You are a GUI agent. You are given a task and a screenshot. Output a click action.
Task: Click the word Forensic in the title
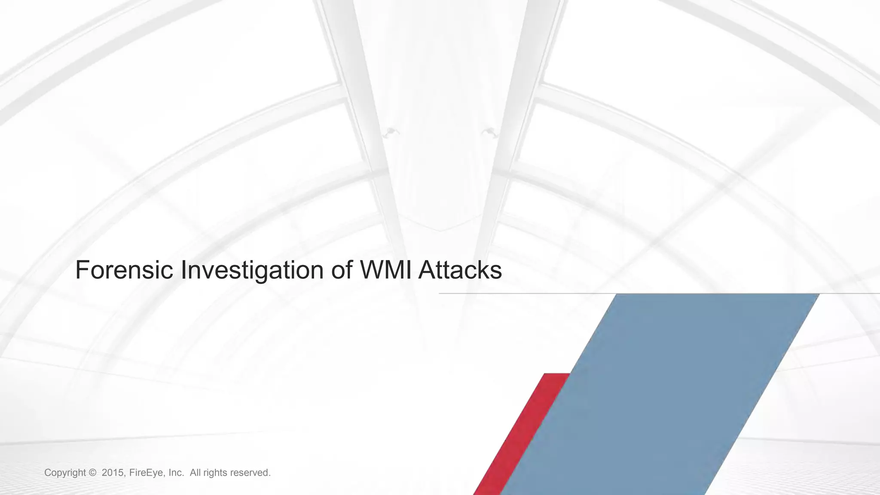pos(124,270)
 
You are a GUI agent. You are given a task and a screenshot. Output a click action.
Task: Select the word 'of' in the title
pos(342,270)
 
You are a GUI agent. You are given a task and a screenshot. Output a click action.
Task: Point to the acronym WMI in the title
pos(385,270)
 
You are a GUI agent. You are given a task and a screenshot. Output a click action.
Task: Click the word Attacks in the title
pos(460,270)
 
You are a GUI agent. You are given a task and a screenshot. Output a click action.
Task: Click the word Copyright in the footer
pos(65,473)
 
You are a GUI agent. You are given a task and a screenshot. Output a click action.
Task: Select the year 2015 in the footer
pos(113,473)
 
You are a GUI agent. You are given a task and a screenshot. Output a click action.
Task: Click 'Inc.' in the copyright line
pos(176,473)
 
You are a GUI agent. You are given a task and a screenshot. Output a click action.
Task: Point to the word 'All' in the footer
pos(195,473)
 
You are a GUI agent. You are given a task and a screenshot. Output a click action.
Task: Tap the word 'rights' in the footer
pos(215,473)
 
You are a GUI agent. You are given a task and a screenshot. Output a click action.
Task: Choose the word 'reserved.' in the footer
pos(251,473)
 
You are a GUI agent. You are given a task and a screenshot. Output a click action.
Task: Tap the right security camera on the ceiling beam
pos(489,131)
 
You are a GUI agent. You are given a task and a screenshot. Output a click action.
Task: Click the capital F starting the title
pos(82,270)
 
